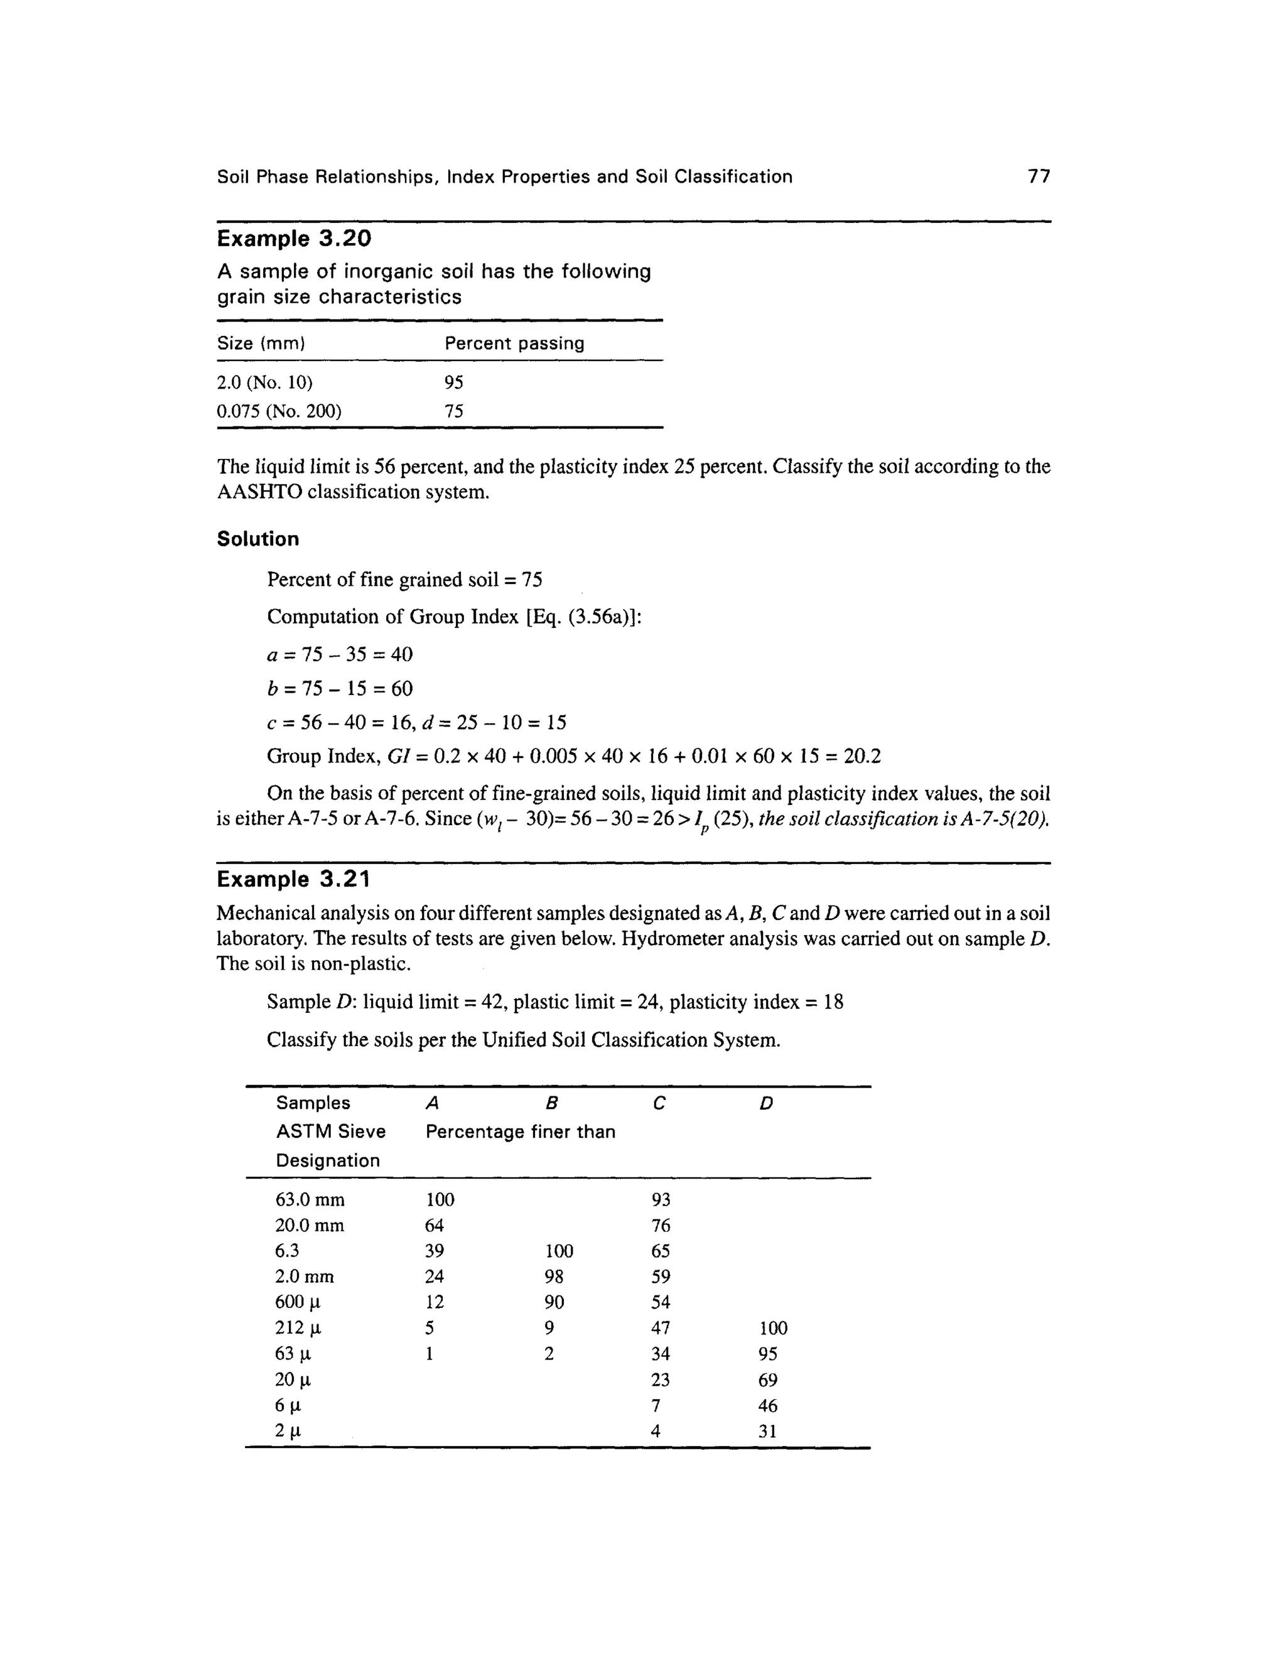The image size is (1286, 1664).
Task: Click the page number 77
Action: (1039, 177)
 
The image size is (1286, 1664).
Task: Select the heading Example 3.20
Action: (294, 239)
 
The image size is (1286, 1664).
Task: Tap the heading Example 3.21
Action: (293, 879)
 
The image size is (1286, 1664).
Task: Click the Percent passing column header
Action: (514, 343)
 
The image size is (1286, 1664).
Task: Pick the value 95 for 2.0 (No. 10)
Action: (454, 382)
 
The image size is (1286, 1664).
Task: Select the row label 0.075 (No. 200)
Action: (279, 411)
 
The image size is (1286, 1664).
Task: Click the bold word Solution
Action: (257, 539)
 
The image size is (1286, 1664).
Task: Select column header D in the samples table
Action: (767, 1103)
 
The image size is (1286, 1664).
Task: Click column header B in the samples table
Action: (553, 1103)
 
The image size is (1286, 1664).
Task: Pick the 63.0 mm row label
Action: (310, 1200)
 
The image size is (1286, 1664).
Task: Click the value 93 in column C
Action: (661, 1200)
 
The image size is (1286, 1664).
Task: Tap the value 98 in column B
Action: (554, 1277)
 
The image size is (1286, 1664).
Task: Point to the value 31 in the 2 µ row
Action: (767, 1431)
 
